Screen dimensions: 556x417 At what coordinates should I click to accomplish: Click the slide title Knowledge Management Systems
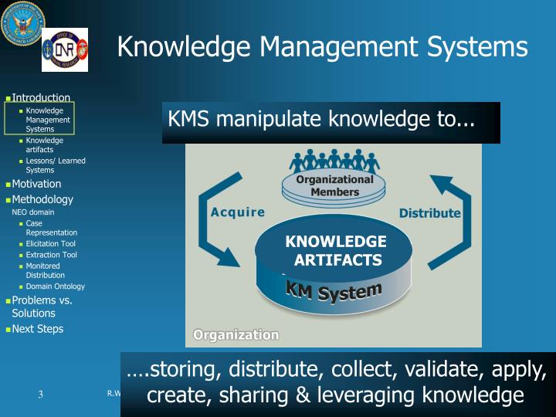[322, 46]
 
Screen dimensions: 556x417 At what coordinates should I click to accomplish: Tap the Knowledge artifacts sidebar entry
[44, 144]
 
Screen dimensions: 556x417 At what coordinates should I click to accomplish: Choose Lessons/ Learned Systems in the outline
[55, 165]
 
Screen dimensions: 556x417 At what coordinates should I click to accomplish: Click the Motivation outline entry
[36, 184]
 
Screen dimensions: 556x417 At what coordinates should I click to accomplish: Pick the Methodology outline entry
[42, 199]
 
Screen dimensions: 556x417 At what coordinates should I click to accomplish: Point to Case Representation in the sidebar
[51, 228]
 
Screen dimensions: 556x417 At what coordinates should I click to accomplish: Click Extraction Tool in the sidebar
[51, 255]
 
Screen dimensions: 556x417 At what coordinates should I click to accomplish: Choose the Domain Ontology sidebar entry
[55, 286]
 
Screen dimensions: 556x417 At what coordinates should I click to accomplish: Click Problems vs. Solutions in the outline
[42, 307]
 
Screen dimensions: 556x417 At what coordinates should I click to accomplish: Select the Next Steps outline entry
[38, 329]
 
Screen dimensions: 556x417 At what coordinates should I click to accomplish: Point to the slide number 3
[40, 395]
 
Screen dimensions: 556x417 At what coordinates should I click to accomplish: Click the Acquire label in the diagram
[237, 212]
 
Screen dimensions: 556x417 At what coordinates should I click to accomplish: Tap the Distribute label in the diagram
[429, 213]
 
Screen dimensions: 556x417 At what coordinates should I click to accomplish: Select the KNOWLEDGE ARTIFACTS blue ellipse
[335, 251]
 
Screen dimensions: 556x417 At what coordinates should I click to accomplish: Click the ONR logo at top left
[64, 49]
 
